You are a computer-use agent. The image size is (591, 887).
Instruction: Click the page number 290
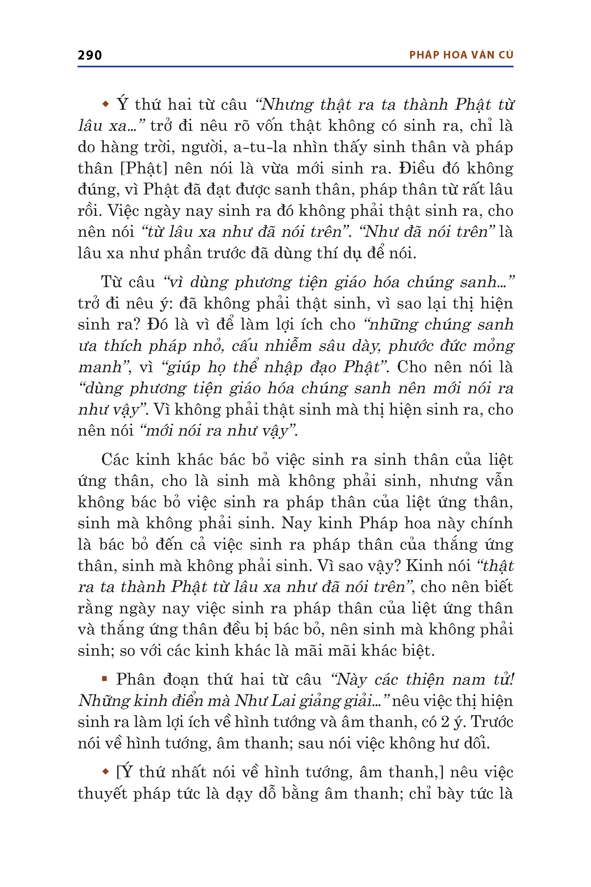click(89, 55)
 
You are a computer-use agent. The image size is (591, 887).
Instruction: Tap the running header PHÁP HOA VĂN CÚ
click(461, 55)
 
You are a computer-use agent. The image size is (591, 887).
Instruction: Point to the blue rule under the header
click(295, 67)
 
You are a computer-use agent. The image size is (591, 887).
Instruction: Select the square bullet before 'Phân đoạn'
click(104, 679)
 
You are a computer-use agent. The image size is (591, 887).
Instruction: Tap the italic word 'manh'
click(100, 367)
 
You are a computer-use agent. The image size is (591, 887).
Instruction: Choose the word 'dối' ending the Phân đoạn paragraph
click(477, 743)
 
